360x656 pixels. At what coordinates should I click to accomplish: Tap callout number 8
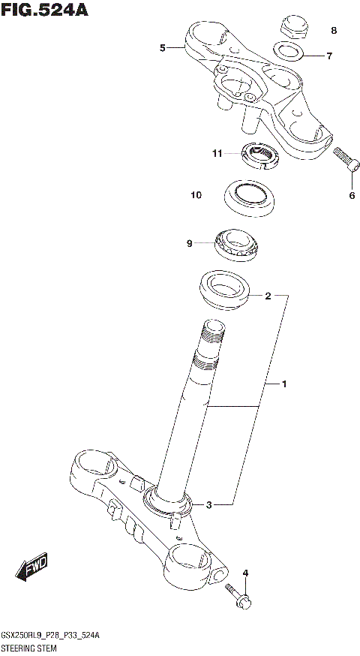[334, 31]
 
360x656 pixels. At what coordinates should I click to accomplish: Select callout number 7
[328, 56]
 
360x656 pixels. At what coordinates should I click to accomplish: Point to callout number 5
[163, 48]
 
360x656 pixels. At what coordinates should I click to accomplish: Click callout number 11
[217, 154]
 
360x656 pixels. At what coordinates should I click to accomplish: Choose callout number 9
[190, 243]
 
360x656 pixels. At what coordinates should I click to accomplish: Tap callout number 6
[351, 197]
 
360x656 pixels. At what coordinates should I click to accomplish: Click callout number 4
[244, 574]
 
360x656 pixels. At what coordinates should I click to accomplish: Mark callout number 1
[284, 384]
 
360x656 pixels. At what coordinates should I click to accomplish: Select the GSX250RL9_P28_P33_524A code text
[51, 635]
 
